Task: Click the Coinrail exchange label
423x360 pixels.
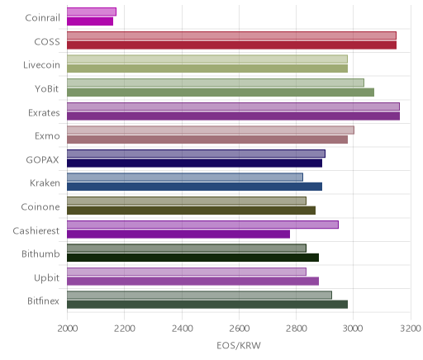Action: click(x=42, y=18)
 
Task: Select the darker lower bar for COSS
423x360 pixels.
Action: click(x=231, y=45)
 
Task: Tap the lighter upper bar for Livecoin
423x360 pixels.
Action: click(x=207, y=59)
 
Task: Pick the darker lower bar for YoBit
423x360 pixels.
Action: click(x=221, y=92)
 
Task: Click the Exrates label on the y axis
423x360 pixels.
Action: click(x=44, y=113)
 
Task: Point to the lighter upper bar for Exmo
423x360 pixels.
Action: click(x=211, y=130)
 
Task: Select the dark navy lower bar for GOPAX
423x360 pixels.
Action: click(x=194, y=163)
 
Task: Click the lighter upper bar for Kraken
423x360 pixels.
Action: click(x=185, y=178)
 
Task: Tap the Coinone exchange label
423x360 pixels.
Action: click(x=40, y=207)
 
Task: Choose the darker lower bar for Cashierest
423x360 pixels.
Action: click(x=178, y=234)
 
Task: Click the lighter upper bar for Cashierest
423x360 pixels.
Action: click(x=202, y=225)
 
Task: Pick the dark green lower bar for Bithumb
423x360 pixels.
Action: click(x=192, y=258)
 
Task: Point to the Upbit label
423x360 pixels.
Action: click(x=47, y=278)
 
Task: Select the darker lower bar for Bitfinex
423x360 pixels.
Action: click(x=207, y=305)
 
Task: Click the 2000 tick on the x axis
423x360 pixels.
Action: click(x=68, y=329)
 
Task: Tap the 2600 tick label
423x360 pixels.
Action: click(x=239, y=329)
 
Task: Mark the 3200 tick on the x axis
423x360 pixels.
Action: click(x=411, y=329)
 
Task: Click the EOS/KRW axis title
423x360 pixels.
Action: click(x=239, y=346)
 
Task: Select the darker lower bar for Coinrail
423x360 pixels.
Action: click(x=90, y=21)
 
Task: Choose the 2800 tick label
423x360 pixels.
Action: click(x=297, y=329)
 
